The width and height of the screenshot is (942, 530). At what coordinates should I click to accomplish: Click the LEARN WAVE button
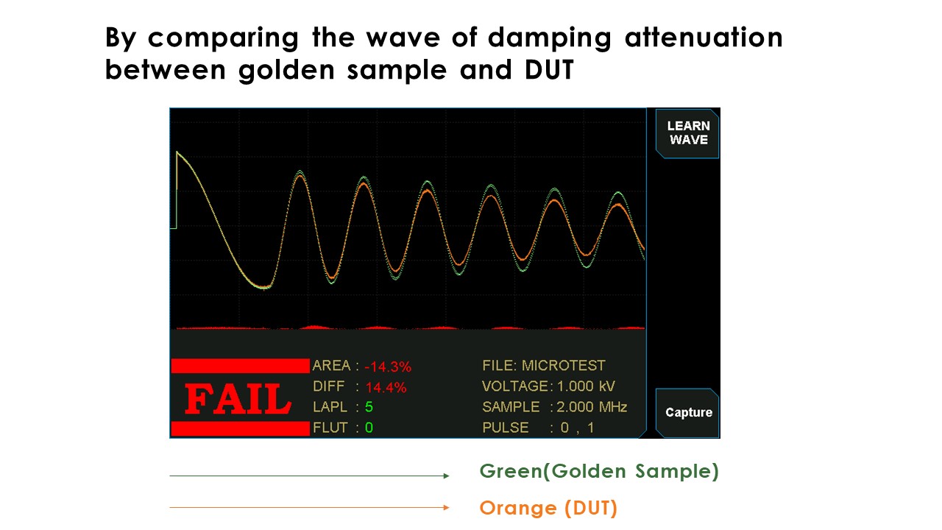point(687,133)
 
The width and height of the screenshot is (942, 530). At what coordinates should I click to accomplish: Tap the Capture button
point(687,413)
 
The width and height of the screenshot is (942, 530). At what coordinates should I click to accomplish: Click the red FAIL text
point(238,399)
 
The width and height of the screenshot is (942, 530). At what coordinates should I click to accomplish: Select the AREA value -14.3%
point(388,367)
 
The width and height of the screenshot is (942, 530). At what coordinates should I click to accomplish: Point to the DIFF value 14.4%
point(386,387)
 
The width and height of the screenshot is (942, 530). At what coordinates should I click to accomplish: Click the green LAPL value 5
point(369,407)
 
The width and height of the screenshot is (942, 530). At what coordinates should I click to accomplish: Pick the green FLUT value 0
point(369,428)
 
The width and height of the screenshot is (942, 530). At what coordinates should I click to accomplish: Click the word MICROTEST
point(564,366)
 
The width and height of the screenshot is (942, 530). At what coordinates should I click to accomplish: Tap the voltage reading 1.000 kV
point(586,386)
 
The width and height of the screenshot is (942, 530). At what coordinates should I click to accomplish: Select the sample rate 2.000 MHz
point(592,407)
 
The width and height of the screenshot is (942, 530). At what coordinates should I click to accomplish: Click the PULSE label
point(506,428)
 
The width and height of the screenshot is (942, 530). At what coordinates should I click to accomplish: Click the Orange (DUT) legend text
point(548,508)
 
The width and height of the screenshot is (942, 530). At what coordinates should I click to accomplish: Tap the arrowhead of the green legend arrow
point(447,476)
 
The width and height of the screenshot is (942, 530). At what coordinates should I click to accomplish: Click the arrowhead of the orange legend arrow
point(447,507)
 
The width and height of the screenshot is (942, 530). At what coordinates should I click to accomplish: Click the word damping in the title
point(550,38)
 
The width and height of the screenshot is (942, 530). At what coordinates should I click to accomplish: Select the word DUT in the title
point(549,69)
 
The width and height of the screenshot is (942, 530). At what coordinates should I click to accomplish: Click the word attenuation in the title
point(704,37)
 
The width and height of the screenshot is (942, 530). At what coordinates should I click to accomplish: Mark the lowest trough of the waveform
point(263,288)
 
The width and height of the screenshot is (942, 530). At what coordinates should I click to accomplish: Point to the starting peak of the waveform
point(177,152)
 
